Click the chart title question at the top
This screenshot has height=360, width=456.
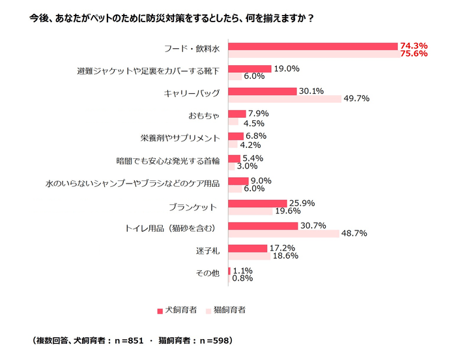pyautogui.click(x=171, y=18)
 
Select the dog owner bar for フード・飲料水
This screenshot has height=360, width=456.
pyautogui.click(x=313, y=46)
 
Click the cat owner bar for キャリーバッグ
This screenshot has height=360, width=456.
pyautogui.click(x=285, y=99)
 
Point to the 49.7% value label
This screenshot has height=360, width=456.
pyautogui.click(x=356, y=99)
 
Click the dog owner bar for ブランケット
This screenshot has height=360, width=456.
pyautogui.click(x=257, y=204)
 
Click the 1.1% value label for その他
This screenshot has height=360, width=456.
pyautogui.click(x=242, y=270)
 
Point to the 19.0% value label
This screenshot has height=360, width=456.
pyautogui.click(x=286, y=68)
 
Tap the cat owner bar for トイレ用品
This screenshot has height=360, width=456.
pyautogui.click(x=283, y=233)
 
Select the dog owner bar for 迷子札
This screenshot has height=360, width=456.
pyautogui.click(x=248, y=248)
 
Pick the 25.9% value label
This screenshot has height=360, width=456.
pyautogui.click(x=302, y=204)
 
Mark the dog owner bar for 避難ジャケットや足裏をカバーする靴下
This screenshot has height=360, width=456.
pyautogui.click(x=249, y=68)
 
